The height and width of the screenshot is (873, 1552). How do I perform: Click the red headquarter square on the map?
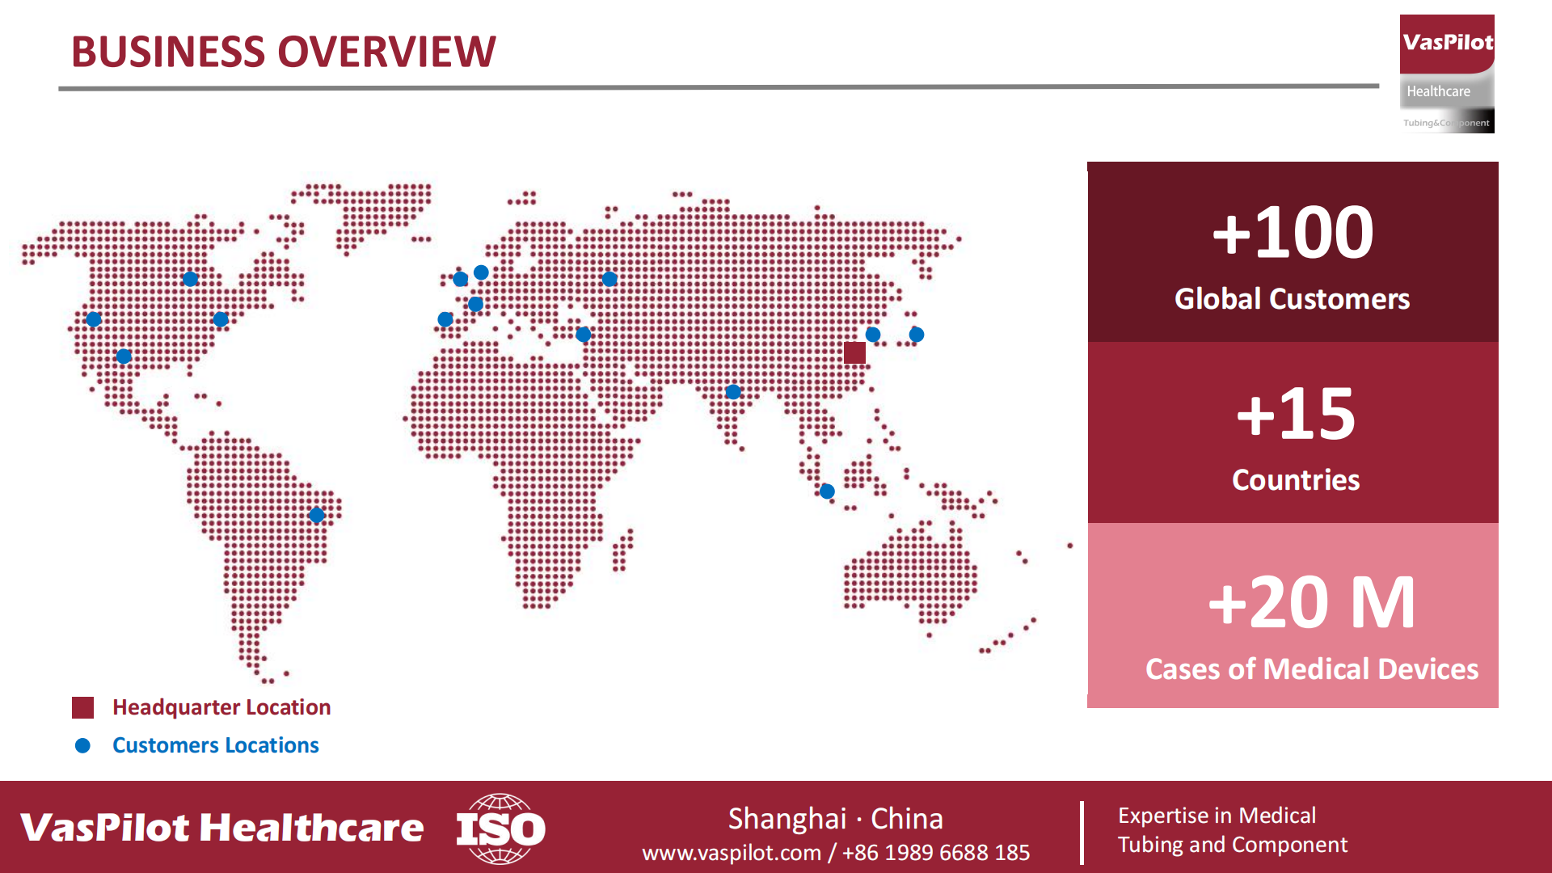point(854,352)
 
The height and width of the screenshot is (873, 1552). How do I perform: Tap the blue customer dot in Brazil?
point(317,515)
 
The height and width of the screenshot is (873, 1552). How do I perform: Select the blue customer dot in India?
point(733,392)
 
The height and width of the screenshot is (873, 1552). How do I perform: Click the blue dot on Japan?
point(917,334)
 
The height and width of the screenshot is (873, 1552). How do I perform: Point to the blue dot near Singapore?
point(827,491)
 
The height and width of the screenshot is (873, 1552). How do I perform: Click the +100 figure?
point(1293,232)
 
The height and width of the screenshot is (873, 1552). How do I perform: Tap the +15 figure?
point(1296,413)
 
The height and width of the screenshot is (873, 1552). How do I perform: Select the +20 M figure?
point(1311,602)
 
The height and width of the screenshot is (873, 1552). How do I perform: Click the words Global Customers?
point(1292,299)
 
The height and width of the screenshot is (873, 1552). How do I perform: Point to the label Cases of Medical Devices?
point(1312,669)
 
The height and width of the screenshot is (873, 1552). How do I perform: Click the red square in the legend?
point(82,707)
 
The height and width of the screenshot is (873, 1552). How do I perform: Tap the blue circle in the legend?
point(82,745)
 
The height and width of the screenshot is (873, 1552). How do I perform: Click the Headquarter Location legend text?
point(221,707)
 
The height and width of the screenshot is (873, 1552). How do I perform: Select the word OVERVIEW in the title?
point(387,52)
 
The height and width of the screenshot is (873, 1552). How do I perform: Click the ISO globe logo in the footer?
point(500,829)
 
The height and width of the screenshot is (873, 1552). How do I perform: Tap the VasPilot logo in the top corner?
point(1447,74)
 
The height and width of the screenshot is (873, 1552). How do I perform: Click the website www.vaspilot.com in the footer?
point(732,853)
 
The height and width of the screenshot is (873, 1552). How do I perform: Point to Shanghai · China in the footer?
point(836,819)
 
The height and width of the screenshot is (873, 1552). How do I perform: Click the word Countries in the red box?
point(1296,480)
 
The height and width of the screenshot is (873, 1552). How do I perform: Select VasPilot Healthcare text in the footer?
point(221,828)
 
